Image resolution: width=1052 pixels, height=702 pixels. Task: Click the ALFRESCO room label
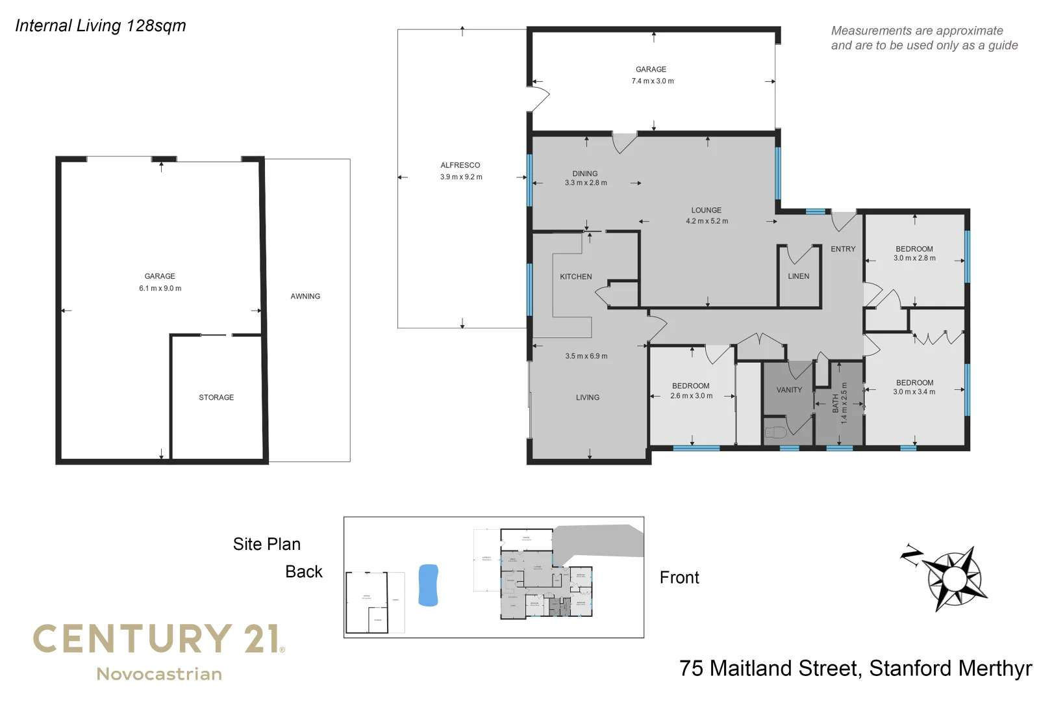coord(460,165)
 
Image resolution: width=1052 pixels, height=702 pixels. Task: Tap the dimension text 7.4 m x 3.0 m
coord(653,81)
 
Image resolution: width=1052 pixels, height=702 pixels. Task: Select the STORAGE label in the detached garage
coord(216,397)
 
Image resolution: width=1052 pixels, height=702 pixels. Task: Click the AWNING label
coord(305,296)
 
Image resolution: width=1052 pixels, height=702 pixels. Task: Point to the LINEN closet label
coord(798,276)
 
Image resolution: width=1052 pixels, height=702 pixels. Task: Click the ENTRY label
coord(843,249)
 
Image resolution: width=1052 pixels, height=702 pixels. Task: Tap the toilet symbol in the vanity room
coord(775,432)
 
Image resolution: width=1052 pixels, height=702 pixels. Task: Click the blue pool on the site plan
coord(428,585)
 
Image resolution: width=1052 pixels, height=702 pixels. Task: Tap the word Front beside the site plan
coord(679,577)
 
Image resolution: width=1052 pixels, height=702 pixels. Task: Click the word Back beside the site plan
coord(304,571)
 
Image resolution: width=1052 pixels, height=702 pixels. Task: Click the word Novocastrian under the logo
coord(159,674)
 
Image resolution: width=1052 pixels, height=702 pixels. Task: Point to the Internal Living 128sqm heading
coord(101,25)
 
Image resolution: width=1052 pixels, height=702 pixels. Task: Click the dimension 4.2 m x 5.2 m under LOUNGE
coord(707,221)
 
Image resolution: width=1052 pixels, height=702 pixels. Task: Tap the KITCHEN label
coord(576,277)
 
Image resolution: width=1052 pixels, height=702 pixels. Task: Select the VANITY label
coord(789,390)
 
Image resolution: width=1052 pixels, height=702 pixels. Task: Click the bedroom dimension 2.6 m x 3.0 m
coord(691,396)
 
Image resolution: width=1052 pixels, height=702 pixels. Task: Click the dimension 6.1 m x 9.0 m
coord(160,289)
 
